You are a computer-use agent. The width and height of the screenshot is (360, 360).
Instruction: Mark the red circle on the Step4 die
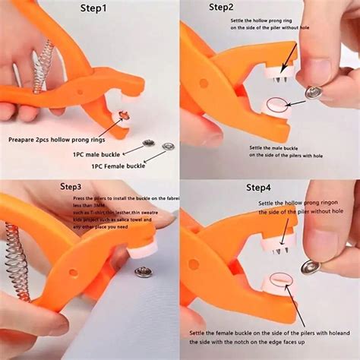(278, 283)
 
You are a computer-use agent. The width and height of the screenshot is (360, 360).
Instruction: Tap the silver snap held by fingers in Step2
(313, 92)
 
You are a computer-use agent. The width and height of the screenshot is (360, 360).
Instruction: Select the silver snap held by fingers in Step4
(311, 266)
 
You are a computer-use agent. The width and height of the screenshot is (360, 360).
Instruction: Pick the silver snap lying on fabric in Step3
(142, 271)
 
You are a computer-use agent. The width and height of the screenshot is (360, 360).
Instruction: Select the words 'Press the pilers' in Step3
(84, 198)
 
